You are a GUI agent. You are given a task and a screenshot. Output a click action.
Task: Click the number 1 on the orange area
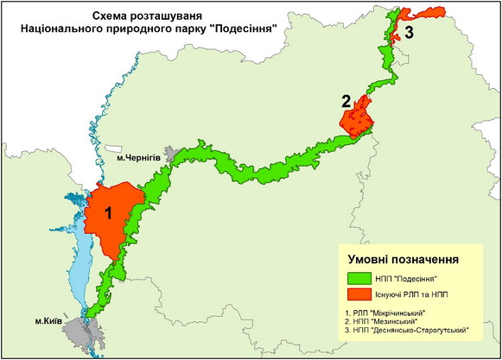(108, 212)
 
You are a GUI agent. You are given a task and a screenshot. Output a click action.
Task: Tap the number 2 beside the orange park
(346, 102)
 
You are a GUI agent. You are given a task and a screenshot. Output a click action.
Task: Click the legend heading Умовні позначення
(403, 258)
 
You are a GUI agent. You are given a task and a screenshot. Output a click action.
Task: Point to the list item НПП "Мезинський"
(387, 321)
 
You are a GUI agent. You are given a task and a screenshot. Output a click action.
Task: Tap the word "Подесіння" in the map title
(245, 28)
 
